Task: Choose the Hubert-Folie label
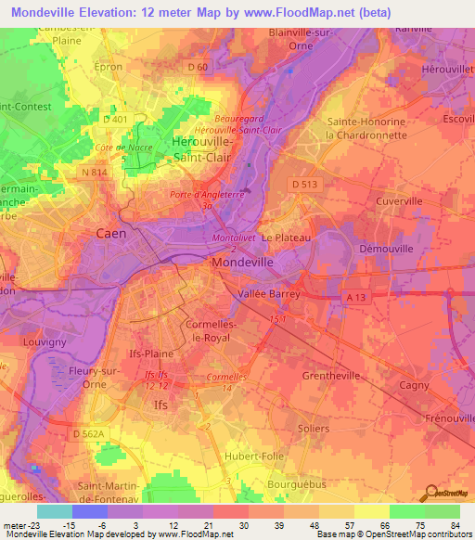coord(253,457)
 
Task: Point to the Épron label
coord(110,67)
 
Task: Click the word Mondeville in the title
coord(49,13)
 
